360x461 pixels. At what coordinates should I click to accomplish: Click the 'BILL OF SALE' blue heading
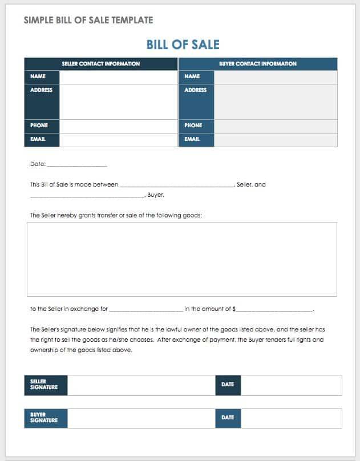pyautogui.click(x=183, y=45)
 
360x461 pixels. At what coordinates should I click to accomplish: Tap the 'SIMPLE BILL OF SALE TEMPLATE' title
pyautogui.click(x=88, y=20)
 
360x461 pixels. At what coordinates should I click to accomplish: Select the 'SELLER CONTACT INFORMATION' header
pyautogui.click(x=101, y=64)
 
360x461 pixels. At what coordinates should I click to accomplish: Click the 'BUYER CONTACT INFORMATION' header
pyautogui.click(x=258, y=64)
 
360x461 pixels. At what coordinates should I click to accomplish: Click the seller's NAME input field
pyautogui.click(x=118, y=76)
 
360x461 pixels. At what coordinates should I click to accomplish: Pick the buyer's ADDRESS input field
pyautogui.click(x=276, y=102)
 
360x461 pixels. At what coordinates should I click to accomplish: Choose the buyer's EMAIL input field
pyautogui.click(x=276, y=139)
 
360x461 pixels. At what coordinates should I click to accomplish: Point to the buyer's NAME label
pyautogui.click(x=192, y=76)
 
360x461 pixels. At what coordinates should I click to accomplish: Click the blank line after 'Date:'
pyautogui.click(x=77, y=165)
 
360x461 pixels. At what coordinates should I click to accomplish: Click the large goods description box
pyautogui.click(x=181, y=259)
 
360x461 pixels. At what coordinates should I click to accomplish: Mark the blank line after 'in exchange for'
pyautogui.click(x=145, y=310)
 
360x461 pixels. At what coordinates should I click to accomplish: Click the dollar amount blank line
pyautogui.click(x=274, y=310)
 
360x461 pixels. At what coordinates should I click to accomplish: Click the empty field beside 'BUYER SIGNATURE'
pyautogui.click(x=141, y=418)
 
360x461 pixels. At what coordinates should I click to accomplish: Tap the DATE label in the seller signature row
pyautogui.click(x=228, y=385)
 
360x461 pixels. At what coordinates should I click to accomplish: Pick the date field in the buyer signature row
pyautogui.click(x=292, y=418)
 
